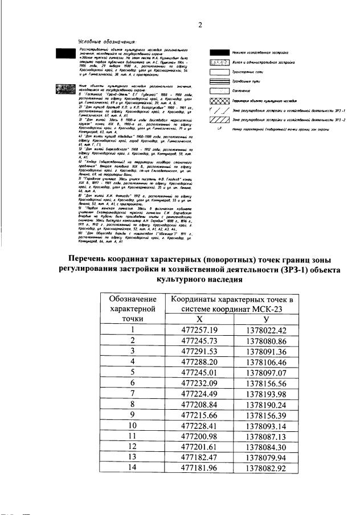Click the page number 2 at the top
click(200, 25)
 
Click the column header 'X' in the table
click(199, 320)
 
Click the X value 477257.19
click(199, 330)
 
